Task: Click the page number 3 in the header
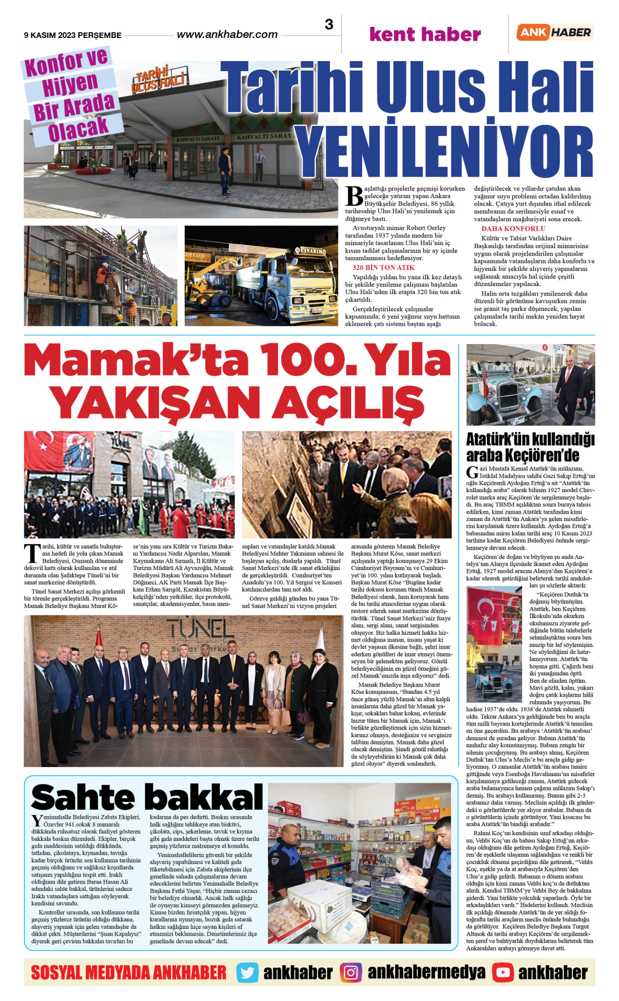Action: pos(329,24)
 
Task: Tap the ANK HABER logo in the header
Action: pos(555,32)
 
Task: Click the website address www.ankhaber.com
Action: pos(227,35)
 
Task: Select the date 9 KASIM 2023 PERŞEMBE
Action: pos(73,35)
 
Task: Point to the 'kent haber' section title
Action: pos(425,34)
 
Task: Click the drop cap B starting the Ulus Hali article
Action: pos(354,196)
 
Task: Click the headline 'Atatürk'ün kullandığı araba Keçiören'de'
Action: pos(530,447)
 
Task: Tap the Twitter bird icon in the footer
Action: pos(247,973)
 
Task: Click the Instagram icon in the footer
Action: pos(351,973)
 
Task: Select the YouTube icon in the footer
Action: pos(503,973)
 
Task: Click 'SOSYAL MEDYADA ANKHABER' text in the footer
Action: pos(128,973)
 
